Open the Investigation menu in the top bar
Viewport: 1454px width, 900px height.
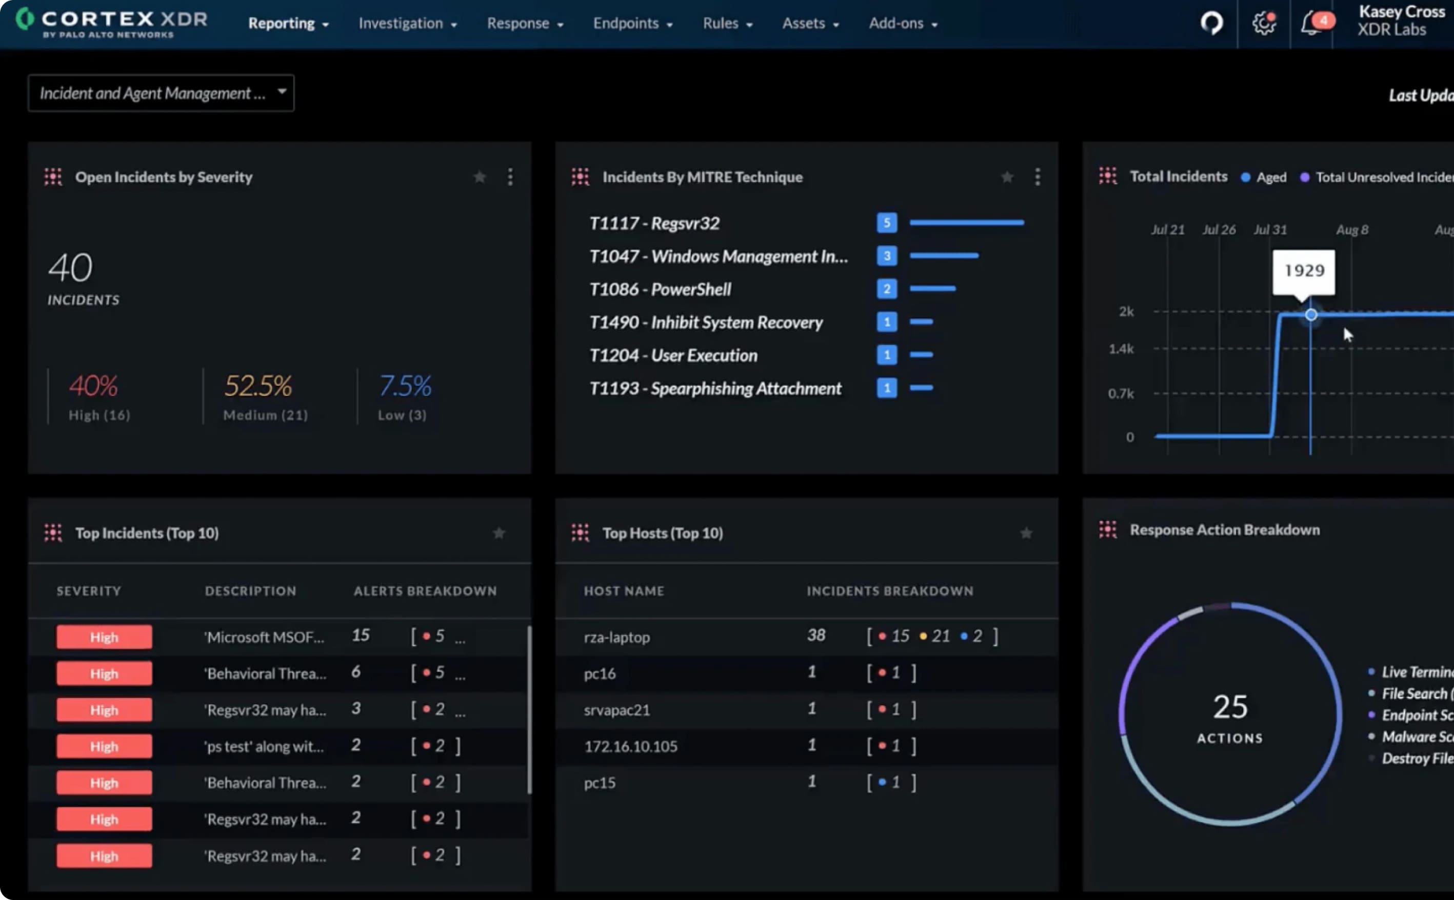point(407,23)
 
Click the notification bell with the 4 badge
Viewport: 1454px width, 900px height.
point(1311,24)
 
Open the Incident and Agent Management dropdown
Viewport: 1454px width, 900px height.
point(161,93)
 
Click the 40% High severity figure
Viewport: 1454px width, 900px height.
point(93,386)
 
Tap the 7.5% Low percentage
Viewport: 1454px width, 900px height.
point(405,386)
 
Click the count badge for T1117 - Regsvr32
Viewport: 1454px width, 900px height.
point(886,223)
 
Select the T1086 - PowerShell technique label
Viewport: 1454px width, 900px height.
point(660,289)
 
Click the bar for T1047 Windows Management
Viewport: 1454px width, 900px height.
point(943,256)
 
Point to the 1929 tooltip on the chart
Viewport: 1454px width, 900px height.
point(1303,271)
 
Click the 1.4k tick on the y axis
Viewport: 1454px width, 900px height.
point(1121,349)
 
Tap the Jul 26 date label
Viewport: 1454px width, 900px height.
point(1218,230)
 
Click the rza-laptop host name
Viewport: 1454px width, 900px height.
point(616,637)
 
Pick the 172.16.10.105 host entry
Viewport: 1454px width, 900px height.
point(630,747)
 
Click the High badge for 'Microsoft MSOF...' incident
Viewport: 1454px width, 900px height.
point(104,637)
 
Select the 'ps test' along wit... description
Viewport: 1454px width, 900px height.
point(264,747)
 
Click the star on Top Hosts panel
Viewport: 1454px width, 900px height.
point(1026,533)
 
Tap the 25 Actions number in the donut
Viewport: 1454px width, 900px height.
point(1230,707)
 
